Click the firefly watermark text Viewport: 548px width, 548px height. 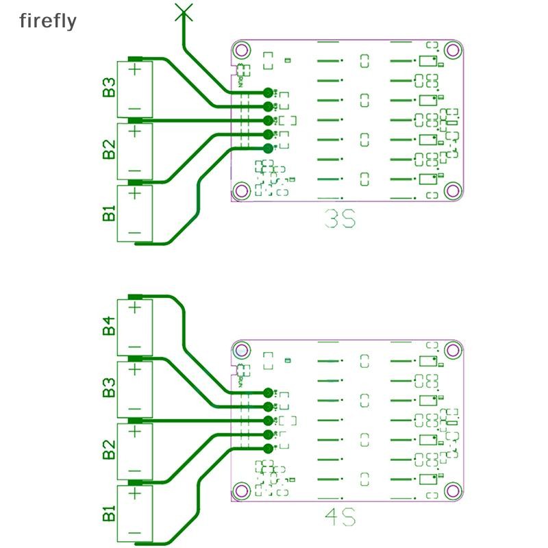point(47,21)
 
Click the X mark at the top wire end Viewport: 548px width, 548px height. point(183,10)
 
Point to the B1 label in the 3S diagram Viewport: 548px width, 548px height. point(108,213)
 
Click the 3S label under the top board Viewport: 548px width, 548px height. point(340,221)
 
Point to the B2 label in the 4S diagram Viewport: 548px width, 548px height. point(108,451)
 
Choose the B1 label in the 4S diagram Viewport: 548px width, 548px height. point(108,512)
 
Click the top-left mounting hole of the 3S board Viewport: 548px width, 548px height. point(240,49)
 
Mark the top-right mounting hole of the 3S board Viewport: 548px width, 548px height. point(451,49)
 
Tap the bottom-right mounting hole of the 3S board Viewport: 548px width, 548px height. point(451,190)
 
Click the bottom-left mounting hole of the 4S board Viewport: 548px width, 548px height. point(240,490)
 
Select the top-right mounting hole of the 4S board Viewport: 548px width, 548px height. point(451,350)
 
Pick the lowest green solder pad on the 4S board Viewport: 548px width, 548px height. point(268,449)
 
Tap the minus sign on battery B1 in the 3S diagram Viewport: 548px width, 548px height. point(135,233)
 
